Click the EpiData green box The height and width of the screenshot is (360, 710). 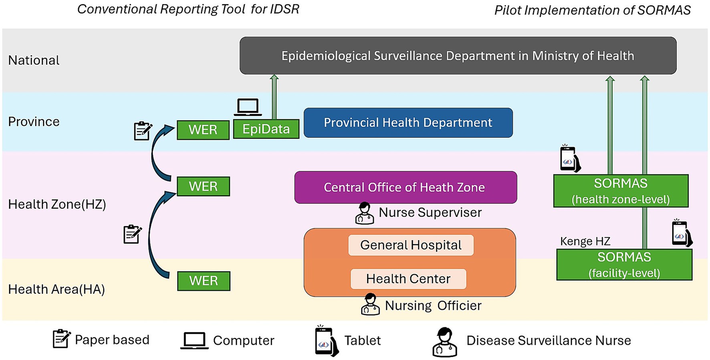266,129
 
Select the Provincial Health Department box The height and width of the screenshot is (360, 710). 408,123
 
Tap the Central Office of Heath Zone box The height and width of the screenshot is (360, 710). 405,187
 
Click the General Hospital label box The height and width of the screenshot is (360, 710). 411,245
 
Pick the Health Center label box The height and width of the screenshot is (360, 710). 408,279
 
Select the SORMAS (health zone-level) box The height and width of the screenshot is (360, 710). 621,191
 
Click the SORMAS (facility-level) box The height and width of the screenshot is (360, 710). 624,265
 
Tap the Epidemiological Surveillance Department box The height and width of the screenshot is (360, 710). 458,56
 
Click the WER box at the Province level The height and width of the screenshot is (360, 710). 203,130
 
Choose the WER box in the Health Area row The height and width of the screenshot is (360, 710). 204,281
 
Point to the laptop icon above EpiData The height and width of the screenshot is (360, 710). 248,107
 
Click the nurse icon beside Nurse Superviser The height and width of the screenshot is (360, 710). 364,213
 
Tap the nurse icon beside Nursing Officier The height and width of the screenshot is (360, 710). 370,304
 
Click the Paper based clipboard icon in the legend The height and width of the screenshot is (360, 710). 61,339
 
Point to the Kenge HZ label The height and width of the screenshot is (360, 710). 585,241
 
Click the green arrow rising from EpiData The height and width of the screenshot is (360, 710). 274,97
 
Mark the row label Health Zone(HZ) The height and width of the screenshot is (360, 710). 57,204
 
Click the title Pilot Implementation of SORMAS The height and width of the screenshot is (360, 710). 592,10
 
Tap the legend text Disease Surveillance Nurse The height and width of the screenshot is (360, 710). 548,340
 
